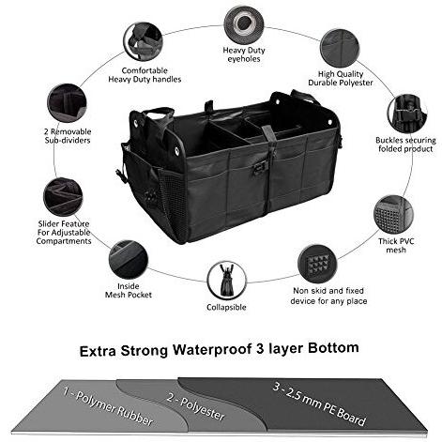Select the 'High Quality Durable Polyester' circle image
336,45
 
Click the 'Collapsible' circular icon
226,280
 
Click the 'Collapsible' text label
226,308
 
